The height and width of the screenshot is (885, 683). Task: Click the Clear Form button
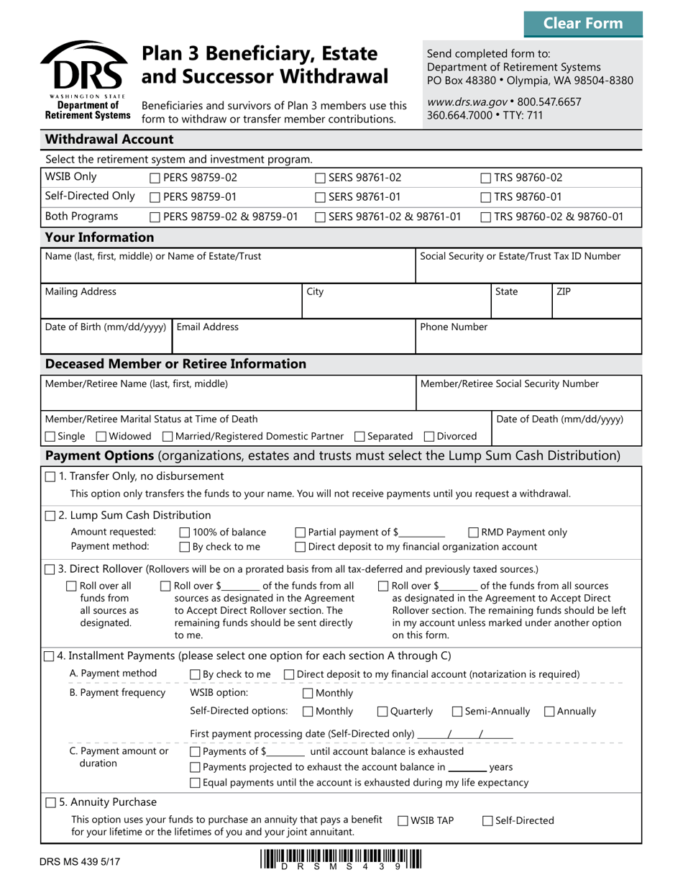[583, 23]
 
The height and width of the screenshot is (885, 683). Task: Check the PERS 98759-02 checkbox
[155, 178]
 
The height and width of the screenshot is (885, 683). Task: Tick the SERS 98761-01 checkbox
[321, 197]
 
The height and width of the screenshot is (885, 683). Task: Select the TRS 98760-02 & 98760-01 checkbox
[486, 217]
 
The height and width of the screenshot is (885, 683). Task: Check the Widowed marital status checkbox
[101, 437]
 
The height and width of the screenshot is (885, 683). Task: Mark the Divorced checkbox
[430, 437]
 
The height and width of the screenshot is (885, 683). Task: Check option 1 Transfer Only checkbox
[50, 476]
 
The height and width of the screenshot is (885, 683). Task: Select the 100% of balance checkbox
[183, 532]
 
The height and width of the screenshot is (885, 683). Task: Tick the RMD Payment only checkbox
[474, 532]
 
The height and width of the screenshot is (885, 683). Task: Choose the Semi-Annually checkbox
[457, 712]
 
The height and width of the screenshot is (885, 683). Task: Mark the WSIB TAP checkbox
[403, 821]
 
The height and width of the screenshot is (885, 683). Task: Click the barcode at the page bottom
[341, 861]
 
